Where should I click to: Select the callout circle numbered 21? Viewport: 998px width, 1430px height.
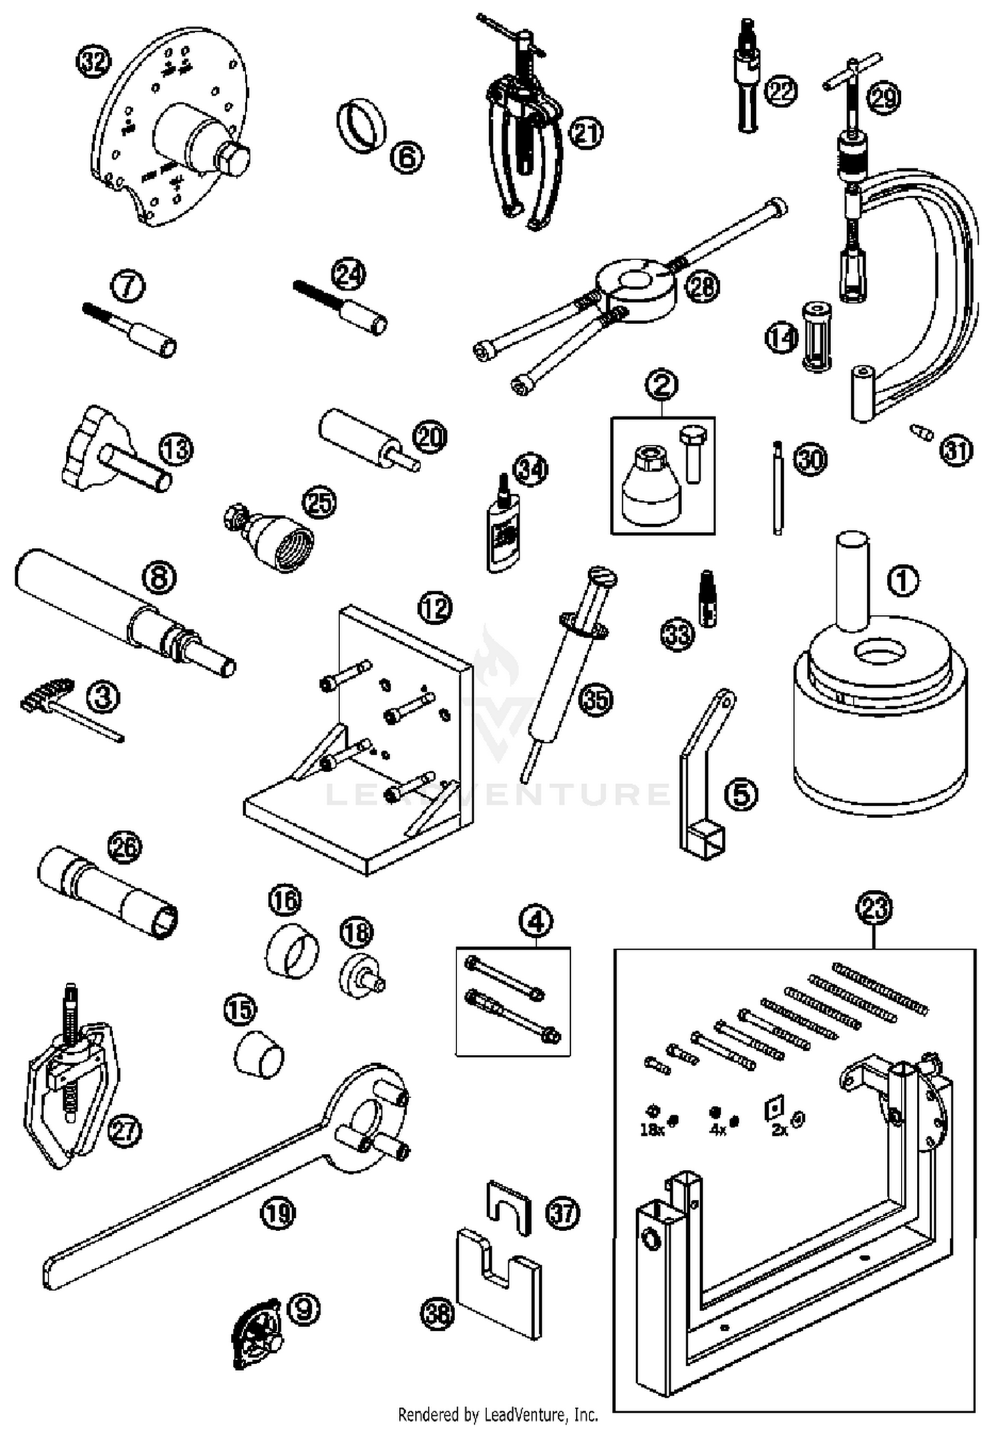(x=586, y=134)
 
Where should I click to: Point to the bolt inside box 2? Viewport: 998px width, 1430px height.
(x=693, y=453)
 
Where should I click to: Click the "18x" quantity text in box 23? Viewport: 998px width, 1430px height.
(x=652, y=1130)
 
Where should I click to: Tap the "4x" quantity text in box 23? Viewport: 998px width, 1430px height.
(x=717, y=1130)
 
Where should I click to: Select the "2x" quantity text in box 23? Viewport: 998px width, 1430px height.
(x=779, y=1130)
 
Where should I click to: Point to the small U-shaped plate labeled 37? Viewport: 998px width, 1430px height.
(x=509, y=1207)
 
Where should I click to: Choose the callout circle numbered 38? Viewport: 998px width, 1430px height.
(x=437, y=1313)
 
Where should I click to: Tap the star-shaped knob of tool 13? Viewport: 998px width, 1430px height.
(x=86, y=446)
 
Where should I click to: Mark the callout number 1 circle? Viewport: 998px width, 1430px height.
(x=903, y=581)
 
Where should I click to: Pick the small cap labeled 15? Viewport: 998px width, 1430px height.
(x=259, y=1054)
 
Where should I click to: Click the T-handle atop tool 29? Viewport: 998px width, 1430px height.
(x=850, y=74)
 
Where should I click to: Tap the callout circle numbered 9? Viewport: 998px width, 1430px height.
(x=303, y=1308)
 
